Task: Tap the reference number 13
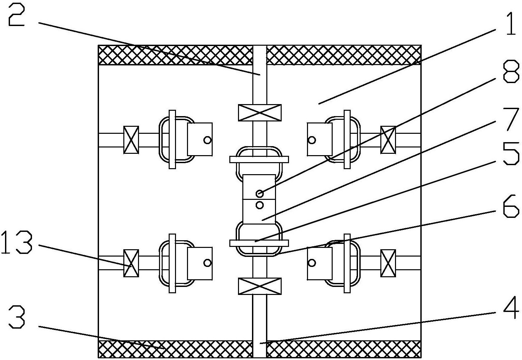pyautogui.click(x=16, y=242)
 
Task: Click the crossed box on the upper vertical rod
pyautogui.click(x=260, y=113)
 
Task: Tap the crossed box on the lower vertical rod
pyautogui.click(x=260, y=286)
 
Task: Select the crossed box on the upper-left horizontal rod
pyautogui.click(x=131, y=140)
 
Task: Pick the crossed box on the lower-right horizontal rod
pyautogui.click(x=388, y=263)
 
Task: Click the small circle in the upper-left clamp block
pyautogui.click(x=207, y=140)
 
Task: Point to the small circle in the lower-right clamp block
pyautogui.click(x=312, y=263)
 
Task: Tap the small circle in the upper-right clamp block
pyautogui.click(x=312, y=140)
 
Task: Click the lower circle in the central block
pyautogui.click(x=260, y=205)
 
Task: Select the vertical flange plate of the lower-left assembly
pyautogui.click(x=172, y=263)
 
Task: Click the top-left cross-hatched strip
pyautogui.click(x=175, y=55)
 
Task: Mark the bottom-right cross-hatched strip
pyautogui.click(x=344, y=349)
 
